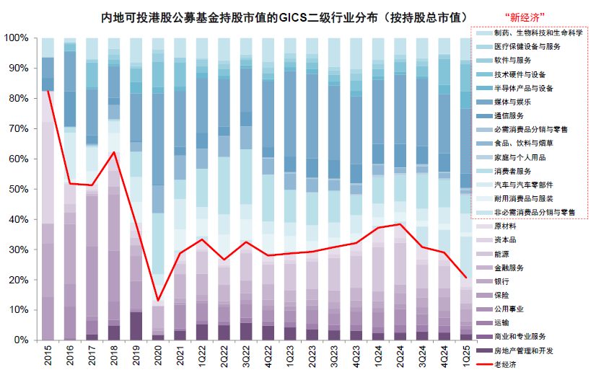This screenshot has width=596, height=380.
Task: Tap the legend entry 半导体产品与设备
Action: click(524, 88)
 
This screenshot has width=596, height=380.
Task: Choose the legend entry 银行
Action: click(503, 281)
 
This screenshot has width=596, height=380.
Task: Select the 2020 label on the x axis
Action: click(158, 357)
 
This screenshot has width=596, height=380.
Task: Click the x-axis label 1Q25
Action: click(465, 357)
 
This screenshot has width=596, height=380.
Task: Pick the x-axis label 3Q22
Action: click(246, 357)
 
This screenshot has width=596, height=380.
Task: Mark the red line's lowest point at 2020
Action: click(158, 301)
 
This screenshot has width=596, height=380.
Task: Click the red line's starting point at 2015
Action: click(48, 90)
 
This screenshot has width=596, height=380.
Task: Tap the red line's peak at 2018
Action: click(114, 152)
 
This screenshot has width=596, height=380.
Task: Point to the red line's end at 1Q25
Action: click(465, 278)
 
